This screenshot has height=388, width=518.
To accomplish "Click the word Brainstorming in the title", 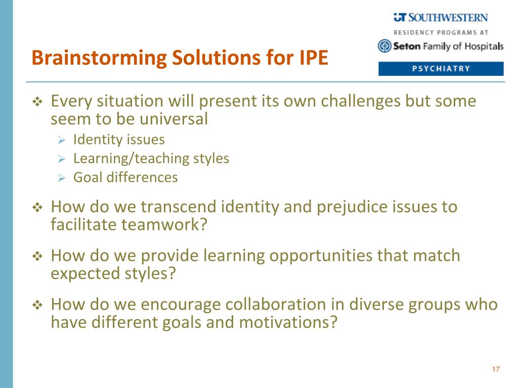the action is [x=100, y=58].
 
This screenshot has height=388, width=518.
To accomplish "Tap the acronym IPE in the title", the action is [x=314, y=58].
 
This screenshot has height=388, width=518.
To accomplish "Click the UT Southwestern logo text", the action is [x=441, y=18].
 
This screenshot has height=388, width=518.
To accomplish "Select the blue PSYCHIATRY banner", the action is [x=441, y=69].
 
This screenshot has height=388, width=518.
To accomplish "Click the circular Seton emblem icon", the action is [x=384, y=46].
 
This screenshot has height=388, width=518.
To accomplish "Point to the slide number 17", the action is [x=496, y=369].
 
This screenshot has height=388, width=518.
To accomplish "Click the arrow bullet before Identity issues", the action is [x=61, y=140].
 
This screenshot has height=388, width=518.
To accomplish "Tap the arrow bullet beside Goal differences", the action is [x=61, y=178].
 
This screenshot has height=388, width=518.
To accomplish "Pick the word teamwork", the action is [x=164, y=225].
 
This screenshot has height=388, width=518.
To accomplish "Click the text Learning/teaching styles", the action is [x=151, y=159].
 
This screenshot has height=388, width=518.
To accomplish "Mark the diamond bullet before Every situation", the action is [x=37, y=102].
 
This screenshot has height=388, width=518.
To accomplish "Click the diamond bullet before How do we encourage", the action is [x=37, y=305].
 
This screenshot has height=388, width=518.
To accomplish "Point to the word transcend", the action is [x=178, y=207].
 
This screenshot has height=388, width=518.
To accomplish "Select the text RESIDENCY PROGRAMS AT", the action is [x=441, y=33].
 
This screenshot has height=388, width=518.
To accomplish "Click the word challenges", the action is [x=361, y=102].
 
